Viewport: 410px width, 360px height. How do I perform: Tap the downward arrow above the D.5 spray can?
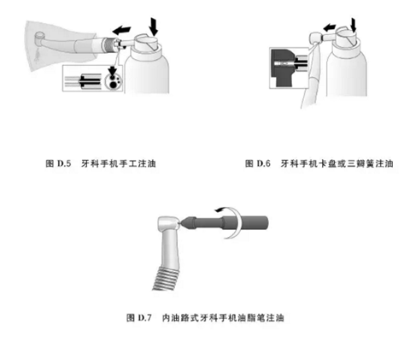pyautogui.click(x=154, y=26)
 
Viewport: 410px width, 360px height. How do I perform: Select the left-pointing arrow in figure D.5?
pyautogui.click(x=121, y=30)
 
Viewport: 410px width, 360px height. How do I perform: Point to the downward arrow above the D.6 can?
pyautogui.click(x=354, y=25)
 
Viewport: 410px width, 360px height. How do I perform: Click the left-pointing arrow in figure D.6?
pyautogui.click(x=330, y=27)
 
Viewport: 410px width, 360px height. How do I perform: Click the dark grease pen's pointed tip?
pyautogui.click(x=180, y=223)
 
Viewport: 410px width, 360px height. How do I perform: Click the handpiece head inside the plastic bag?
pyautogui.click(x=40, y=37)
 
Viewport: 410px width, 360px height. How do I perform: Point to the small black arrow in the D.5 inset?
pyautogui.click(x=113, y=70)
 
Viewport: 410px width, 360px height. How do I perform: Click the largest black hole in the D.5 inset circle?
pyautogui.click(x=113, y=84)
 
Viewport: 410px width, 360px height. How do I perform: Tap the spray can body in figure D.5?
pyautogui.click(x=147, y=73)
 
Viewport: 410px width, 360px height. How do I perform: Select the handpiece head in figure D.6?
pyautogui.click(x=316, y=38)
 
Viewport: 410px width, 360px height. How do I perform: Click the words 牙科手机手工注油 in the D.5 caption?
pyautogui.click(x=119, y=163)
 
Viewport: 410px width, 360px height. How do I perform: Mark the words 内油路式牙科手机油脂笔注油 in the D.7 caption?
pyautogui.click(x=223, y=317)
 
